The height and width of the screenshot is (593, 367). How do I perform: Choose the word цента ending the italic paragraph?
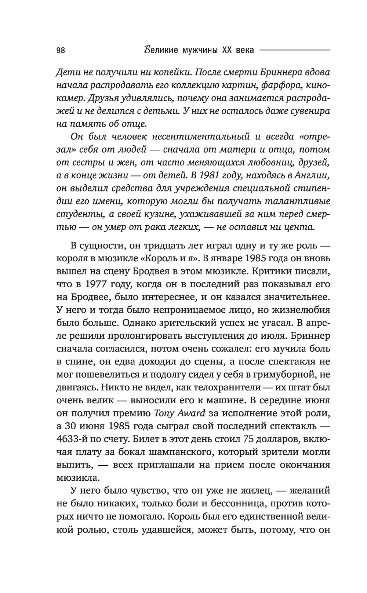pyautogui.click(x=301, y=226)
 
